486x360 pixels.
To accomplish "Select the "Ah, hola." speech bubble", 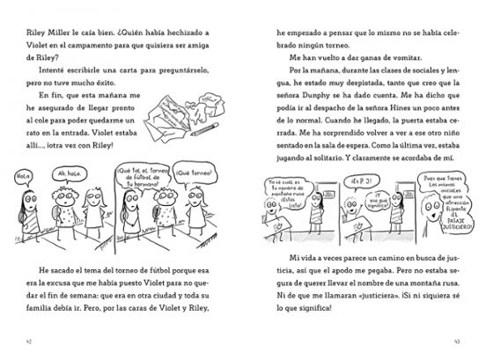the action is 66,173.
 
